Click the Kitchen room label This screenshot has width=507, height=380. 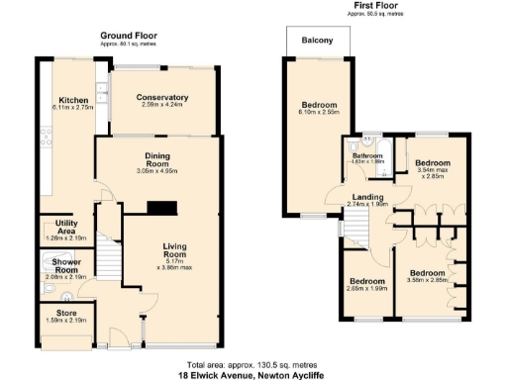coord(75,100)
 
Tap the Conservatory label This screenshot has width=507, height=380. coord(162,97)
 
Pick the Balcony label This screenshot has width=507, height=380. coord(318,41)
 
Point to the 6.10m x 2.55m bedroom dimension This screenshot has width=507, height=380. coord(319,114)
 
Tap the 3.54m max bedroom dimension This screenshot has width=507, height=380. coord(432,174)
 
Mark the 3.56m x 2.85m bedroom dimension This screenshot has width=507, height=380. coord(427,279)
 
